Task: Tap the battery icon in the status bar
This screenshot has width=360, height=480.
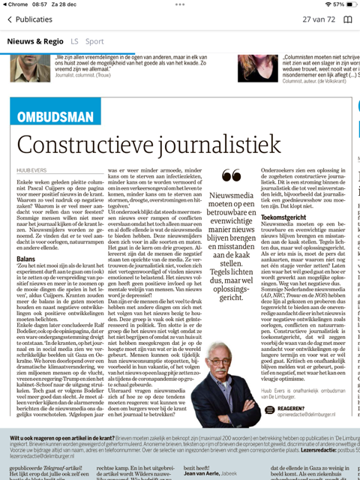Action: [x=346, y=4]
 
